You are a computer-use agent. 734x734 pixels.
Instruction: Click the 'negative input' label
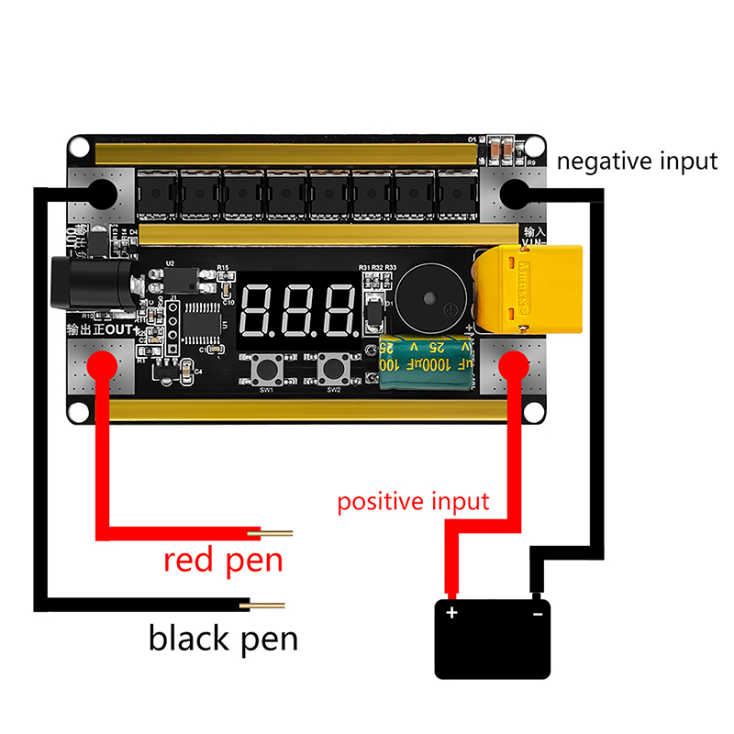pos(637,161)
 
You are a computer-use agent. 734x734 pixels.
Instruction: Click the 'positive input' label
pos(413,502)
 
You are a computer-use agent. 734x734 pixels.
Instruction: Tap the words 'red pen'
pos(223,559)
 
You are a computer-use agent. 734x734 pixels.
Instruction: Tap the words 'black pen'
pos(223,638)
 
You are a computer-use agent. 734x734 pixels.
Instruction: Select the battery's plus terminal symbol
pos(450,612)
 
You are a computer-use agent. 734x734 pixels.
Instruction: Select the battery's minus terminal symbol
pos(539,612)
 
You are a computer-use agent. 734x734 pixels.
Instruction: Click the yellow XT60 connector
pos(529,290)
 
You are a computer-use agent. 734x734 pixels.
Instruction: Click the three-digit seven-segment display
pos(298,309)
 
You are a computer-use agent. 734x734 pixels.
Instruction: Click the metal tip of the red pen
pos(279,533)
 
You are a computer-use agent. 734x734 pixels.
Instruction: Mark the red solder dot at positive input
pos(514,365)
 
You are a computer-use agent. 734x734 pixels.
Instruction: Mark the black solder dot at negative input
pos(514,193)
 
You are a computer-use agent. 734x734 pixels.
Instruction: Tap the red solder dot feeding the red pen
pos(101,364)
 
